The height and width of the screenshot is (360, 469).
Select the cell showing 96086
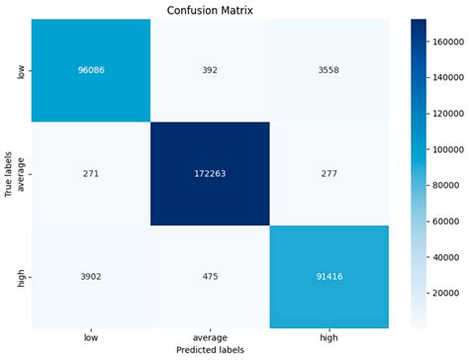click(x=91, y=72)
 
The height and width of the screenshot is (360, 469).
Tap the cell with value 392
click(x=209, y=72)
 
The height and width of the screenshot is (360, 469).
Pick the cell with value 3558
click(x=327, y=72)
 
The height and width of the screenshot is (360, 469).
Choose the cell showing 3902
click(x=91, y=277)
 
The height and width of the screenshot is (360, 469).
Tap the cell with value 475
click(x=209, y=277)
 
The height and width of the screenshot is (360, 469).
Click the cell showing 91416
click(x=327, y=277)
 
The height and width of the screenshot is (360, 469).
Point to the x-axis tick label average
click(x=209, y=337)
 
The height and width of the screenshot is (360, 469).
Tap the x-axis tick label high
click(x=327, y=337)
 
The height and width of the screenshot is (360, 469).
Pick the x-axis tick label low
click(x=91, y=337)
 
